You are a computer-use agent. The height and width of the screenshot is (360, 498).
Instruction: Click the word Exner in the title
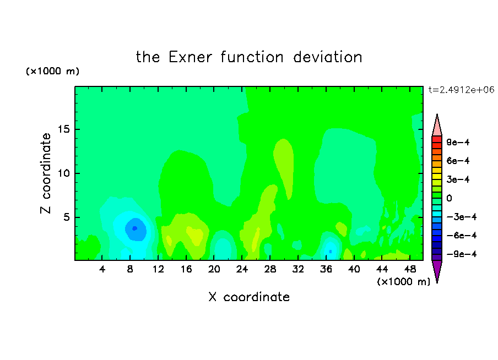pos(190,57)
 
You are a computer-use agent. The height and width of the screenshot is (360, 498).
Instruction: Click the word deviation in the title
pos(327,57)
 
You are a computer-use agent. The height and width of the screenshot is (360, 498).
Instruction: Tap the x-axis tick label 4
pos(102,269)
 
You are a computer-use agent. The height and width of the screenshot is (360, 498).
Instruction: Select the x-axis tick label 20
pos(214,269)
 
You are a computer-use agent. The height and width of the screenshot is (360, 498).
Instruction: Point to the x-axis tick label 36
pos(326,269)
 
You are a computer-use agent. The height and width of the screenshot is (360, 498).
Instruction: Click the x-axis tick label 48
pos(410,269)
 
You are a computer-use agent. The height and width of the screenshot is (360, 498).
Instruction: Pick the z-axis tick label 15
pos(63,129)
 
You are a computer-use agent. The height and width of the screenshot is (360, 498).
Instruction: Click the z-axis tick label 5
pos(67,217)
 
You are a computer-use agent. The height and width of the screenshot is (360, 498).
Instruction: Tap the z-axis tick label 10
pos(63,173)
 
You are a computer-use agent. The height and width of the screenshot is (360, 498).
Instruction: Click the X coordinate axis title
pos(249,297)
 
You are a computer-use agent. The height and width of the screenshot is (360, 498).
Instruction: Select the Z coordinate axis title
pos(46,173)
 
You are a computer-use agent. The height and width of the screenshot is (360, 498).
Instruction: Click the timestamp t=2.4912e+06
pos(461,90)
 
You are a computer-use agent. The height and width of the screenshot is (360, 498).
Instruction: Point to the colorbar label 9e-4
pos(458,142)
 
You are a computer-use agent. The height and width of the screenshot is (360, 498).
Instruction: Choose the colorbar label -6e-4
pos(462,236)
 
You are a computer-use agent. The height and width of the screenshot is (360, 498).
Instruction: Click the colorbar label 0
pos(449,198)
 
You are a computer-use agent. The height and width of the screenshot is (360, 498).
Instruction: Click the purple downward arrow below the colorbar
pos(437,270)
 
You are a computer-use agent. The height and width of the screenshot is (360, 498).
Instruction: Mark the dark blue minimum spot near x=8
pos(134,228)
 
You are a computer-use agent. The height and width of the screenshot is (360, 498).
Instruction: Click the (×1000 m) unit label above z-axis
pos(52,71)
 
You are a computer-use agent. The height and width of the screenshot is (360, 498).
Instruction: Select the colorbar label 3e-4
pos(458,179)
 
